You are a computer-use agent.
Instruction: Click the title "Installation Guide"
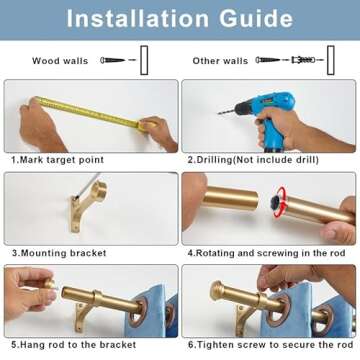pyautogui.click(x=179, y=19)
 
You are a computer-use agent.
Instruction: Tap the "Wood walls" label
pyautogui.click(x=60, y=61)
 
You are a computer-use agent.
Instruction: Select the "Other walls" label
pyautogui.click(x=220, y=61)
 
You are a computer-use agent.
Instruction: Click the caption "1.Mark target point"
pyautogui.click(x=57, y=159)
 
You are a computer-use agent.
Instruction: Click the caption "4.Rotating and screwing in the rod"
pyautogui.click(x=265, y=252)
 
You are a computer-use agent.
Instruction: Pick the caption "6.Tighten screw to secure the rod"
pyautogui.click(x=270, y=344)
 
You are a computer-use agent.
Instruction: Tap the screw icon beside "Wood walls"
pyautogui.click(x=117, y=61)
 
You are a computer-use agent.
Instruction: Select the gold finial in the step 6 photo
pyautogui.click(x=220, y=292)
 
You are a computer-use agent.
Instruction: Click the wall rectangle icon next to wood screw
pyautogui.click(x=144, y=59)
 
